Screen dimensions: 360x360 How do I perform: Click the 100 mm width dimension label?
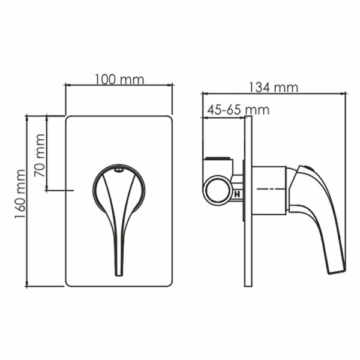pyautogui.click(x=119, y=79)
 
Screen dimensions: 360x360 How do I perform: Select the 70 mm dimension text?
pyautogui.click(x=40, y=155)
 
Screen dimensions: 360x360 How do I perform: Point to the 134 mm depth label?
pyautogui.click(x=274, y=87)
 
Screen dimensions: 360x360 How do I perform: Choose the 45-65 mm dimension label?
pyautogui.click(x=238, y=110)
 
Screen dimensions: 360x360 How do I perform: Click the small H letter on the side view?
pyautogui.click(x=238, y=194)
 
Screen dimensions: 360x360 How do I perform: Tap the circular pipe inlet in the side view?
pyautogui.click(x=217, y=190)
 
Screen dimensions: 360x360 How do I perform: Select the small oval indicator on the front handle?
pyautogui.click(x=118, y=171)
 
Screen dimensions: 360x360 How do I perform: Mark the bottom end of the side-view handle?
pyautogui.click(x=336, y=269)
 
